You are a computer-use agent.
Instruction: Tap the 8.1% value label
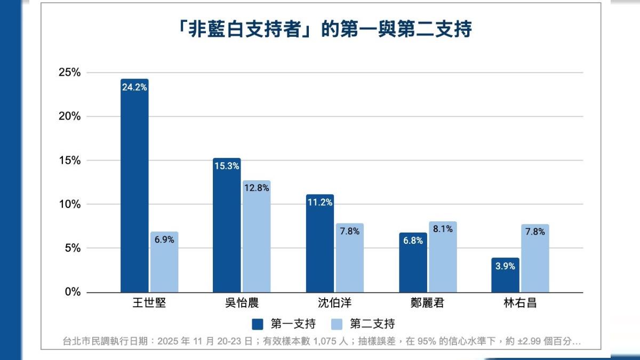443,229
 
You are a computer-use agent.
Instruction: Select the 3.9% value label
505,266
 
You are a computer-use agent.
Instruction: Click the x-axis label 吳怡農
242,304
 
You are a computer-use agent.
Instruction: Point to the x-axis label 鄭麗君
428,304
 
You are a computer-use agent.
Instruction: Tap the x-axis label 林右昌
520,304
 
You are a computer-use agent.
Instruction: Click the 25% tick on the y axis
69,73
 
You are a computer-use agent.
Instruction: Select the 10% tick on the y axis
69,204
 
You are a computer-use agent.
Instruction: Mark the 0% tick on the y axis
73,292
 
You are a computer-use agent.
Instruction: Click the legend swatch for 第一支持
258,324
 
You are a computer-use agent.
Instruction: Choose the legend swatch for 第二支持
337,324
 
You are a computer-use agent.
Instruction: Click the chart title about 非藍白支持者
325,30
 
